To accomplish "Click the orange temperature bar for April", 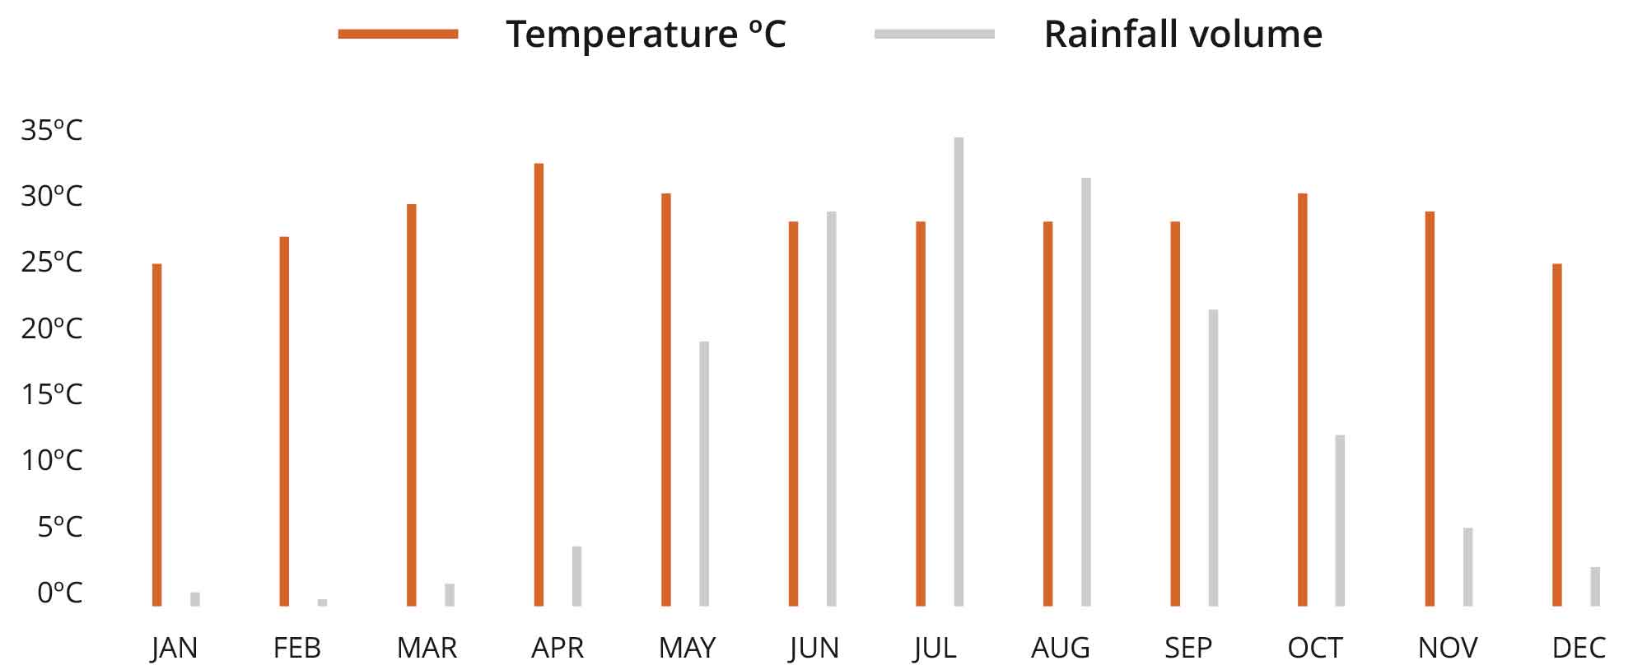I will pos(539,384).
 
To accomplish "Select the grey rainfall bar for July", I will pos(959,372).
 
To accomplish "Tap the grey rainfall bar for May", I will pos(704,473).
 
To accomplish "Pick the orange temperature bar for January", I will pos(157,435).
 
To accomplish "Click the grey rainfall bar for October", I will pos(1340,520).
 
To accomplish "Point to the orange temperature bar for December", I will pos(1557,435).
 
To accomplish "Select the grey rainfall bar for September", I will pos(1213,458).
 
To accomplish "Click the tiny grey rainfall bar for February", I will pos(322,603).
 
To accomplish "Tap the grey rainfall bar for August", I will pos(1086,392).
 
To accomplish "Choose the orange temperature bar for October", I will pos(1303,399).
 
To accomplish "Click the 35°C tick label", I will pos(52,130).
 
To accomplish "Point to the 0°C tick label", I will pos(59,592).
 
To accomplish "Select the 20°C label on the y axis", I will pos(52,328).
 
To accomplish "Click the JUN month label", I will pos(814,649).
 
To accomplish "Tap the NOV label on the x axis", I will pos(1448,649).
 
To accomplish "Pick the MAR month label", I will pos(427,649).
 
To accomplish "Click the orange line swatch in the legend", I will pos(398,34).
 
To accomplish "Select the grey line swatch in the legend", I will pos(934,34).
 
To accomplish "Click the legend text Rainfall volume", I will pos(1183,35).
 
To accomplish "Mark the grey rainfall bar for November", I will pos(1467,567).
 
